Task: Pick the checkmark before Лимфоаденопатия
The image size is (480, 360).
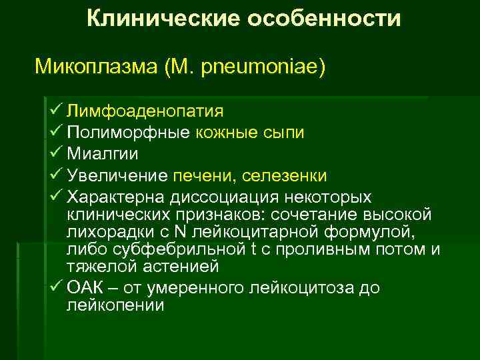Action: [x=56, y=109]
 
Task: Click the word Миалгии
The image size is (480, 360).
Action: [x=103, y=153]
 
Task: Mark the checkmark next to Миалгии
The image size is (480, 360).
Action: [x=56, y=153]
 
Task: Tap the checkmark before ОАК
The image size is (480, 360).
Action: [x=56, y=288]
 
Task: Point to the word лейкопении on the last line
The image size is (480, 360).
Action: [x=116, y=305]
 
